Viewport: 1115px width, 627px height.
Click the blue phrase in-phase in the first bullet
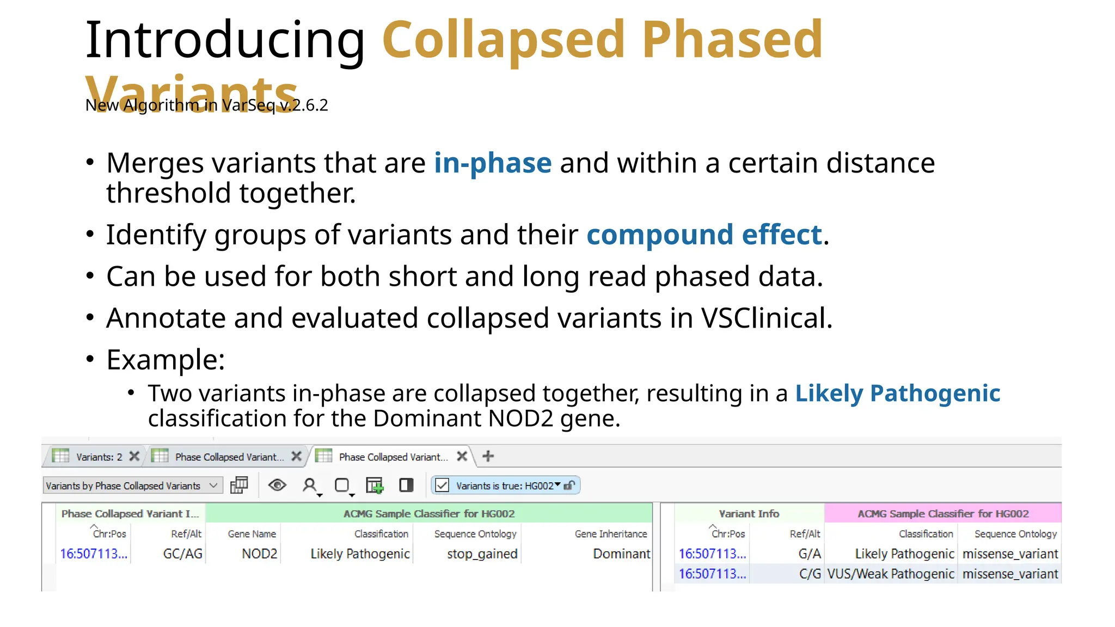[x=493, y=163]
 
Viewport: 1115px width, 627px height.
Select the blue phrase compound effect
[x=704, y=235]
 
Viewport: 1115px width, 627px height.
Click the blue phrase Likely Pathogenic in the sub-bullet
[x=897, y=394]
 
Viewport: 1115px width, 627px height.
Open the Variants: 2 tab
[x=98, y=457]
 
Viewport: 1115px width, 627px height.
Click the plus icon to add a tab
[x=488, y=457]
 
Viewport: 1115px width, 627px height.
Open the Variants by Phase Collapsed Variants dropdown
[x=132, y=486]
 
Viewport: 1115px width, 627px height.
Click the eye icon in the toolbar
[x=277, y=485]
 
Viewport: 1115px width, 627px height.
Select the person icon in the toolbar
[x=310, y=485]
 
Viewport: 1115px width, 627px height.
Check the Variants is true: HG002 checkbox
[x=442, y=485]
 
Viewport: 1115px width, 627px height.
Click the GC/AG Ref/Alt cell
[x=182, y=554]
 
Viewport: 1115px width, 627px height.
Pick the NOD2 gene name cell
[x=259, y=554]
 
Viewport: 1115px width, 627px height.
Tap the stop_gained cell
[x=482, y=554]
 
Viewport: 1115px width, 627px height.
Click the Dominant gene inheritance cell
[x=621, y=554]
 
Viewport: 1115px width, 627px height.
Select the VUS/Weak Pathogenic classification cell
[x=890, y=574]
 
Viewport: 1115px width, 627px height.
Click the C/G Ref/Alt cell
[x=810, y=574]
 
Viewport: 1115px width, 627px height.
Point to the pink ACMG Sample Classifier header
[x=942, y=514]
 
